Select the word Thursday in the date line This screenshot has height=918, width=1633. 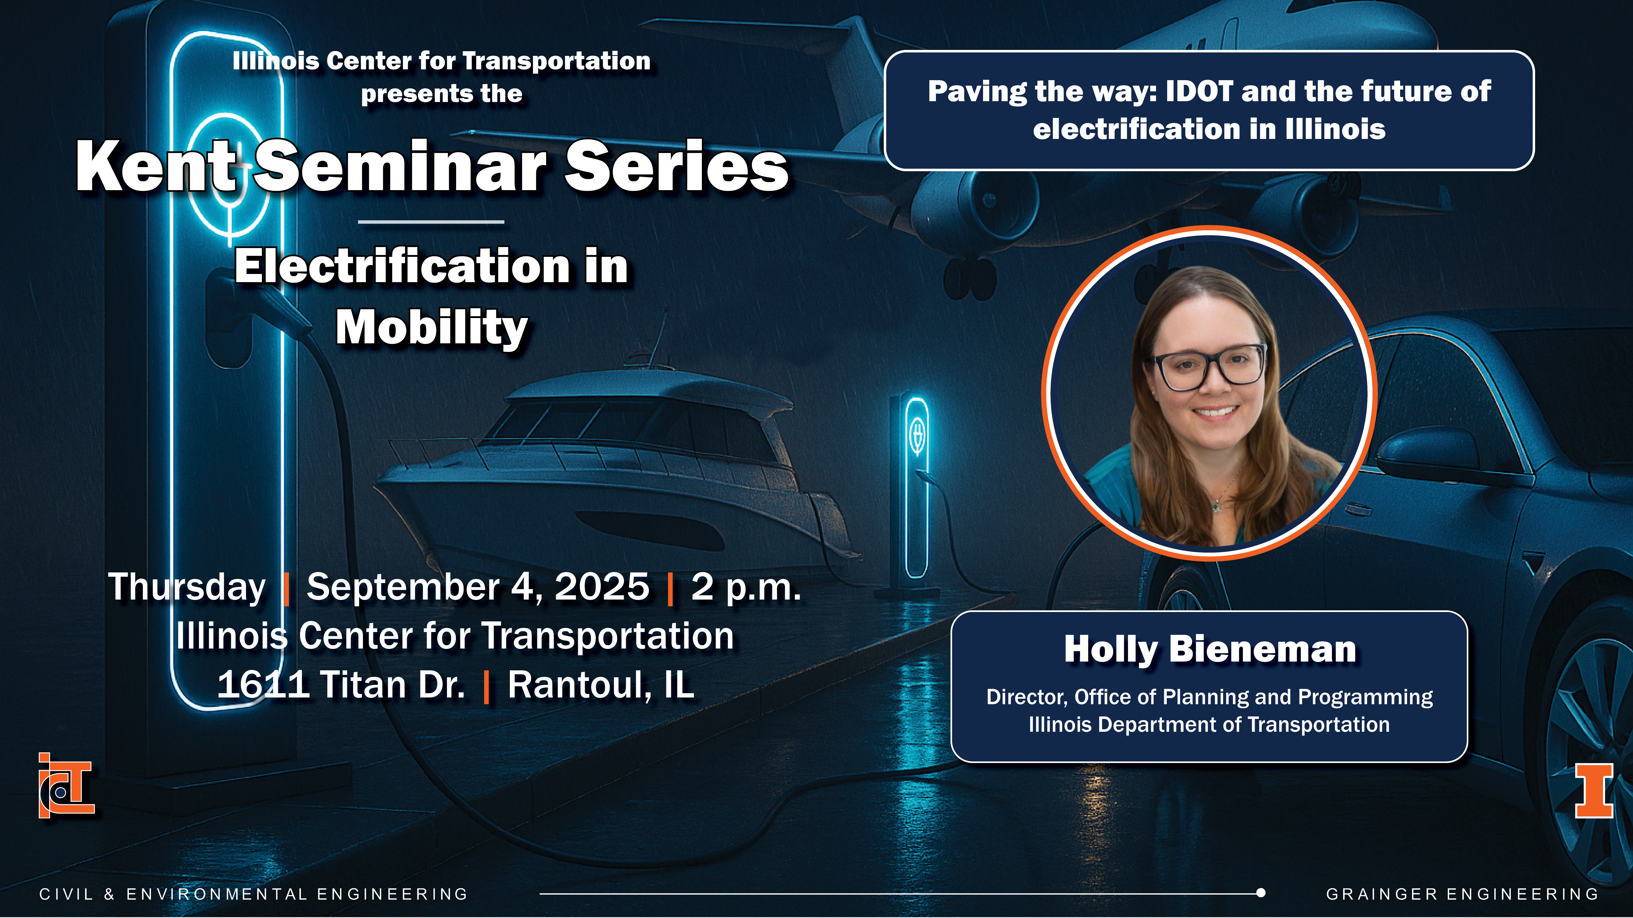tap(187, 587)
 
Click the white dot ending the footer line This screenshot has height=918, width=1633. tap(1261, 893)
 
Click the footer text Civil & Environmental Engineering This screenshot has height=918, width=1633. tap(254, 894)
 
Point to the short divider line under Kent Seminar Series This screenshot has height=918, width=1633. tap(431, 222)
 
